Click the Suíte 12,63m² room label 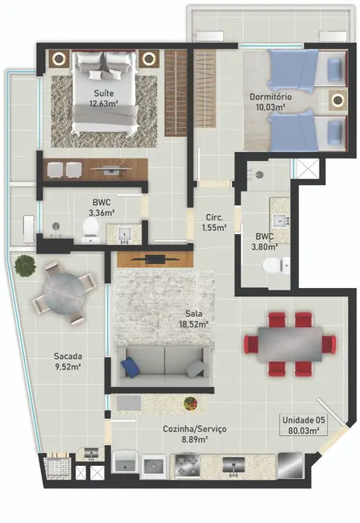(103, 97)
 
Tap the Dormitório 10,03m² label (270, 102)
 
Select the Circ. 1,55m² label (213, 222)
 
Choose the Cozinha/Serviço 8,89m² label (197, 434)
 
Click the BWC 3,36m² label (102, 208)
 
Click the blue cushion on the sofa (130, 367)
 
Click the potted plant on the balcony (24, 265)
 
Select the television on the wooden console (155, 258)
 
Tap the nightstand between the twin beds (337, 102)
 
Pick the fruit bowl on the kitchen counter (190, 402)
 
